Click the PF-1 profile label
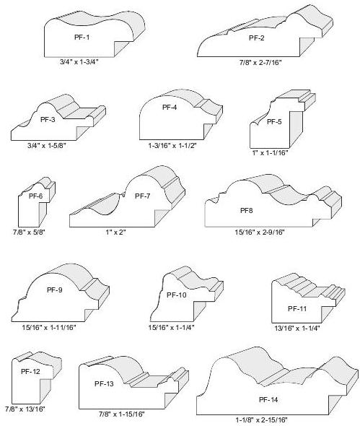(82, 38)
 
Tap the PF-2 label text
(257, 38)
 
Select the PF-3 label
(48, 119)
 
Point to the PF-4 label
(170, 108)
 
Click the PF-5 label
(274, 121)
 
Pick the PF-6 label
(36, 196)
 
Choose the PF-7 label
(143, 196)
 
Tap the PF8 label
(246, 211)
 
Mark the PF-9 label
(55, 290)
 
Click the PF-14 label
(268, 400)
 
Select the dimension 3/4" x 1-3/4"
(79, 61)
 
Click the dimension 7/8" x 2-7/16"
(260, 63)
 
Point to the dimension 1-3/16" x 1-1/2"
(172, 145)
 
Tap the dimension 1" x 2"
(115, 232)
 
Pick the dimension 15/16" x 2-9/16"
(260, 232)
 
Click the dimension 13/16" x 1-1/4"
(297, 329)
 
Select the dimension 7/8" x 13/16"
(25, 409)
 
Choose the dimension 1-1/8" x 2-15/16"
(261, 420)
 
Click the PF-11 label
(297, 308)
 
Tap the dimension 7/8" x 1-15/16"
(122, 414)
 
